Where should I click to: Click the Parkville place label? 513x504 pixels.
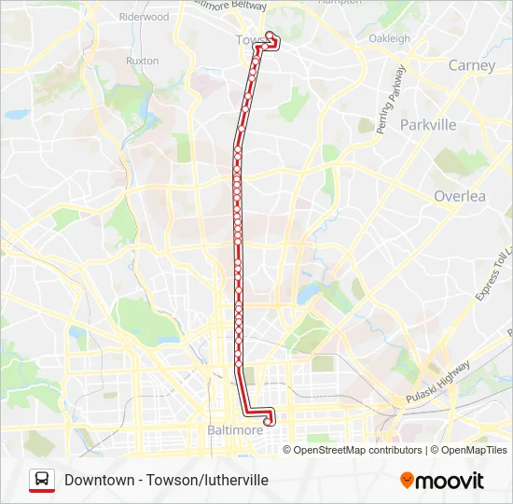click(x=427, y=124)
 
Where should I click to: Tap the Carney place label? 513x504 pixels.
click(x=471, y=65)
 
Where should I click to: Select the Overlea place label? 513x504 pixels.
click(x=459, y=196)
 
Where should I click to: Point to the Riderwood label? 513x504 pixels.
click(x=144, y=17)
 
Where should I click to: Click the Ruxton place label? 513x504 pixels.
click(x=142, y=61)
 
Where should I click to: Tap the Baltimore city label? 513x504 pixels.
click(x=233, y=430)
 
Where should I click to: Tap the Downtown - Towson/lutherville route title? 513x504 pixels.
click(x=166, y=480)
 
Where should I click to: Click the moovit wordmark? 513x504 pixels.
click(x=450, y=481)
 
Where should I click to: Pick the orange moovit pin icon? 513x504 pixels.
click(x=407, y=481)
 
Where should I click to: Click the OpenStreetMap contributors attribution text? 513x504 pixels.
click(x=357, y=450)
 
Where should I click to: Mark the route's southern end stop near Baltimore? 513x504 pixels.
click(x=269, y=421)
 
